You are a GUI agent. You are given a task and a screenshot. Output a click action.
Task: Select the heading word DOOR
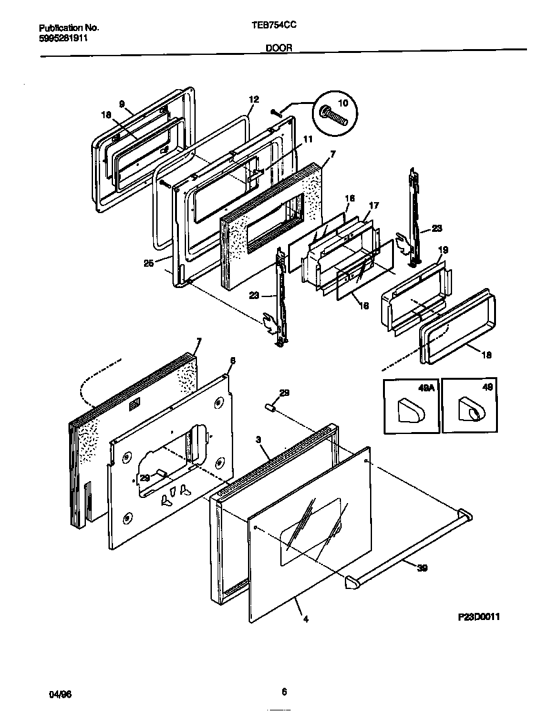pos(279,48)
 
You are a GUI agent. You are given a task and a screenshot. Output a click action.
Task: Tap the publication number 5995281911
pos(63,38)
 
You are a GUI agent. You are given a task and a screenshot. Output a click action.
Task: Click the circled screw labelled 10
pos(334,115)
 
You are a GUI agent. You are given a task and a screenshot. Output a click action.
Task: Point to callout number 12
pos(253,99)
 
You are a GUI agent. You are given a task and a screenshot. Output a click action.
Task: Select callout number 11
pos(307,139)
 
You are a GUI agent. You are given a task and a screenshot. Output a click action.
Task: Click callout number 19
pos(443,249)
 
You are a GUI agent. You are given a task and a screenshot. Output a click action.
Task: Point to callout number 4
pos(305,619)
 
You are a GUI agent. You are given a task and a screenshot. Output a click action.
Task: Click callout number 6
pos(232,360)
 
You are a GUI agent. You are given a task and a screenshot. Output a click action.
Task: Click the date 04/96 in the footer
pos(60,694)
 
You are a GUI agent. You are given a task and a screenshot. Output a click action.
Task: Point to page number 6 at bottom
pos(284,692)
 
